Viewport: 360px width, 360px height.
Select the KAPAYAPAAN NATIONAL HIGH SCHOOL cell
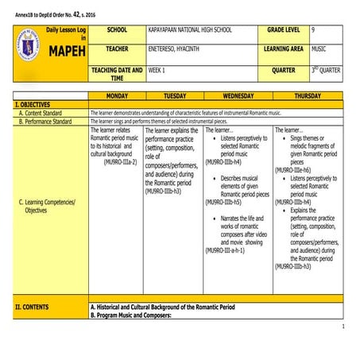[190, 29]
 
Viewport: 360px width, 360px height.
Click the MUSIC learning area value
[319, 50]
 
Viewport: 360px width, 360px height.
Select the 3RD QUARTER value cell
[325, 71]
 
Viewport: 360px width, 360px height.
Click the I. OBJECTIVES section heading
[33, 104]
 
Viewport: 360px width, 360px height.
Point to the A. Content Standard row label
[46, 113]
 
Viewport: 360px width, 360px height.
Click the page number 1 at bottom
[343, 327]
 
